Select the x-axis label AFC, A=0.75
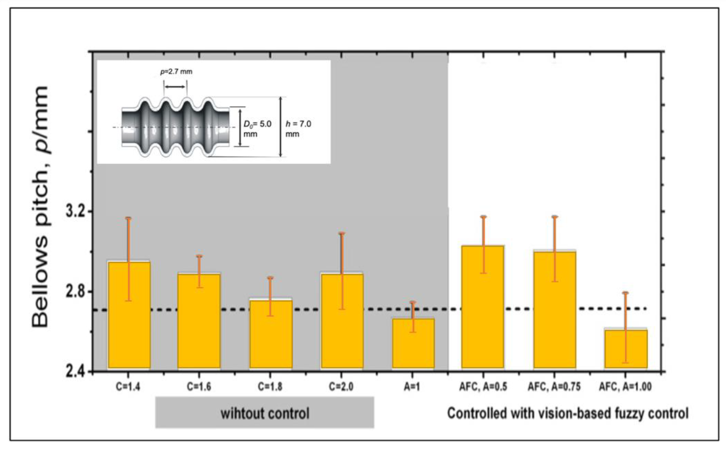[554, 387]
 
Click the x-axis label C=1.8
[270, 387]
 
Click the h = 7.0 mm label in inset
[298, 128]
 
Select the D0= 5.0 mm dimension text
[257, 128]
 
